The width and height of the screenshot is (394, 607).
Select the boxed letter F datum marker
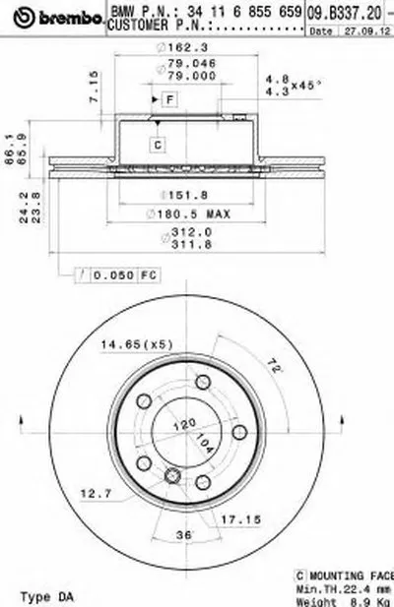[168, 99]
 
